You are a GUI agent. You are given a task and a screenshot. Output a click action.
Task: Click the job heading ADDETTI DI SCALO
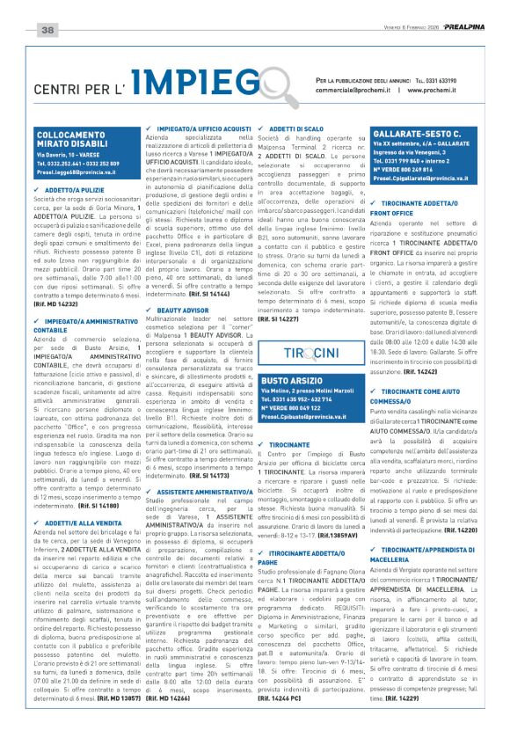pos(302,128)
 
